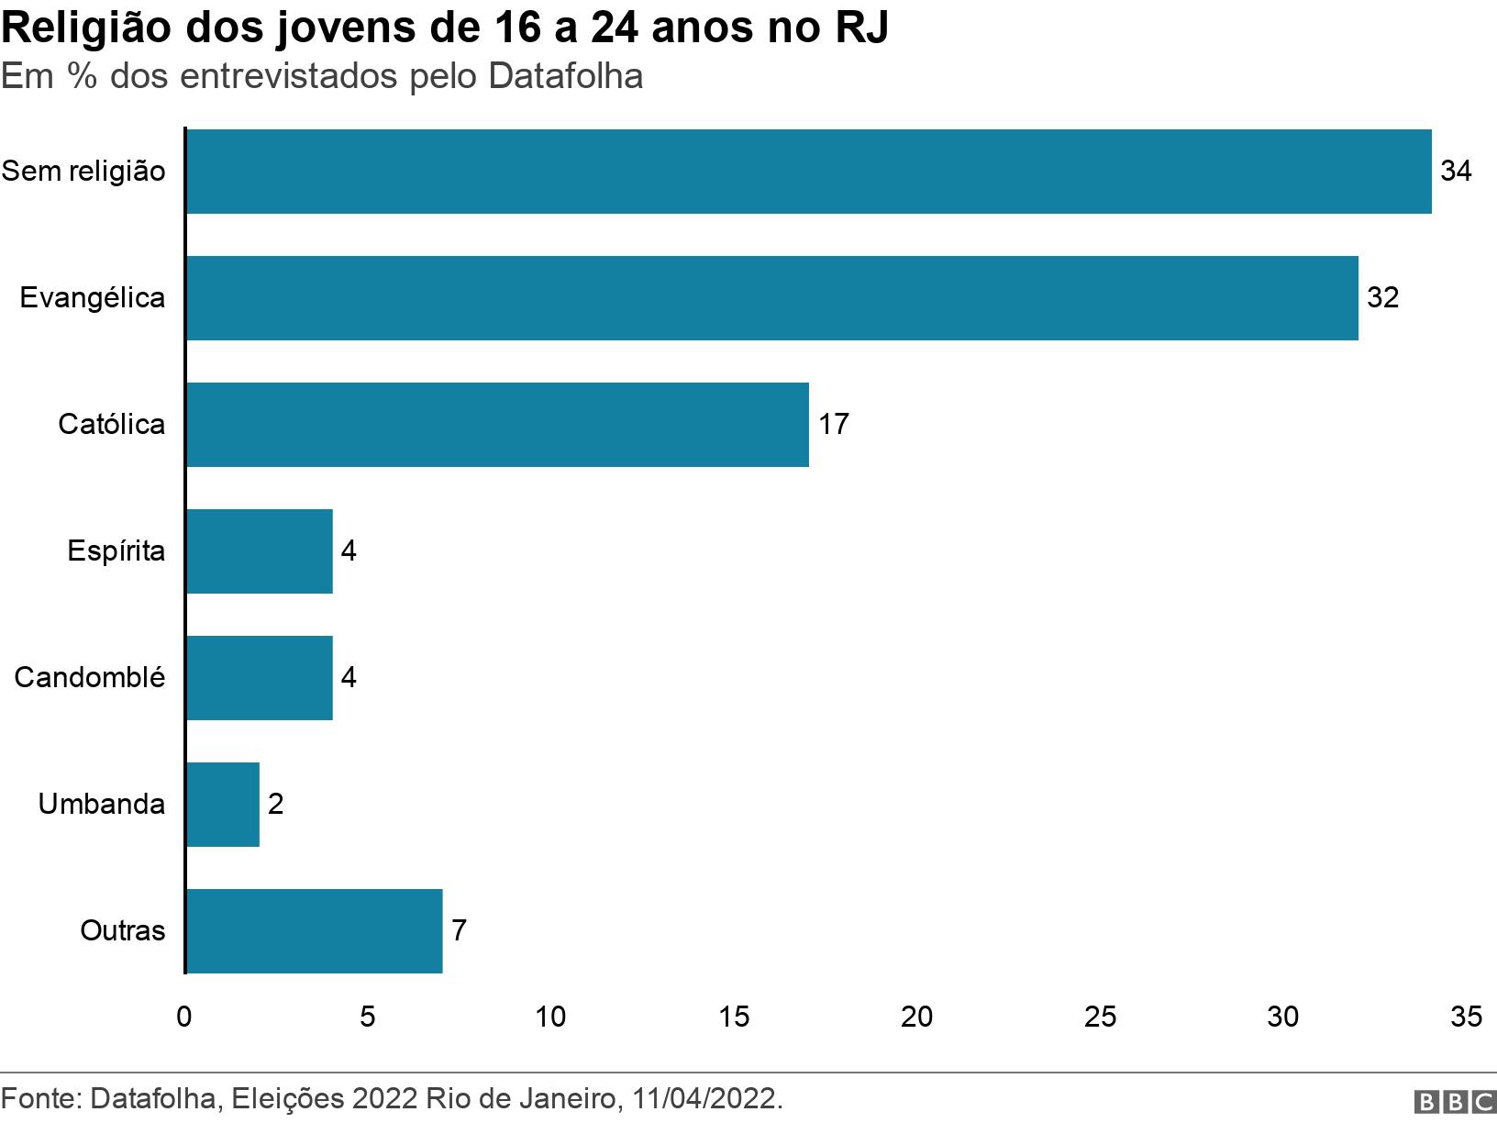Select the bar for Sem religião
pyautogui.click(x=807, y=172)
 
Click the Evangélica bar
pyautogui.click(x=771, y=298)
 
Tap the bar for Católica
pyautogui.click(x=496, y=425)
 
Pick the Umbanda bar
pyautogui.click(x=222, y=805)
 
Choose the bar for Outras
pyautogui.click(x=314, y=931)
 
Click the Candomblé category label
pyautogui.click(x=90, y=678)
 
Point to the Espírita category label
pyautogui.click(x=116, y=551)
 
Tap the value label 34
pyautogui.click(x=1456, y=172)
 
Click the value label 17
pyautogui.click(x=833, y=425)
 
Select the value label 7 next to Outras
pyautogui.click(x=459, y=931)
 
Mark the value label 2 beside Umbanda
pyautogui.click(x=275, y=805)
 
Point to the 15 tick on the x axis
pyautogui.click(x=734, y=1017)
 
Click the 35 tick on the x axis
pyautogui.click(x=1466, y=1017)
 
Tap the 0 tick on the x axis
pyautogui.click(x=184, y=1017)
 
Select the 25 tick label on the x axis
pyautogui.click(x=1100, y=1017)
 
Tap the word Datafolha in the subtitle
pyautogui.click(x=565, y=76)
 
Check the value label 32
pyautogui.click(x=1382, y=298)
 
